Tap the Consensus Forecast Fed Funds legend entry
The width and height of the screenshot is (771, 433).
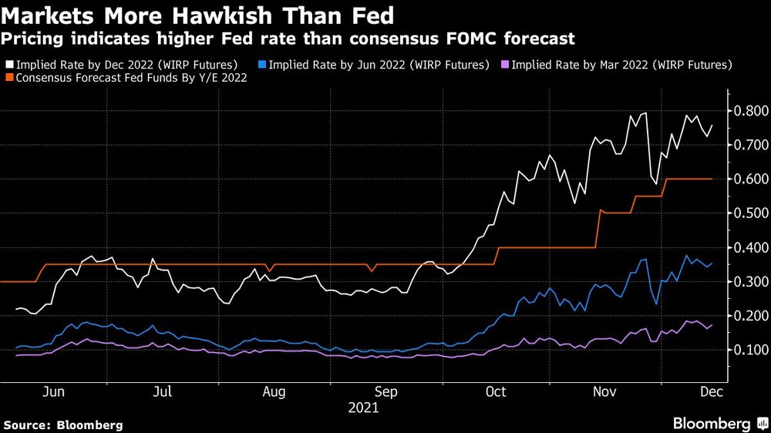[130, 78]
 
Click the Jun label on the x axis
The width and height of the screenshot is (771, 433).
[52, 392]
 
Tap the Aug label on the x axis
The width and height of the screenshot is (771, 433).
[274, 392]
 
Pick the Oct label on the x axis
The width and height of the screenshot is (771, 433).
[496, 392]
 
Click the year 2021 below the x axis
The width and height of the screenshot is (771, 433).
[362, 408]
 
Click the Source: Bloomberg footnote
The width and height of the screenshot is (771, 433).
[62, 425]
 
